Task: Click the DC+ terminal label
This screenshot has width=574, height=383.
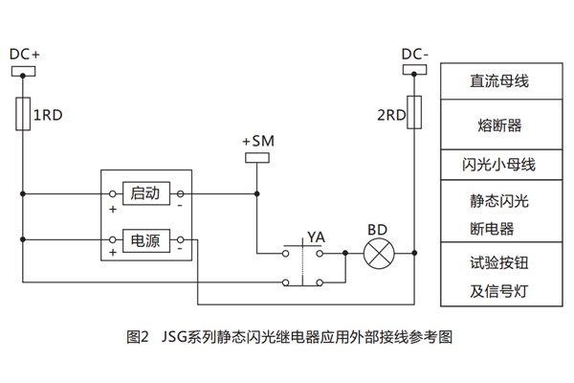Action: click(x=23, y=55)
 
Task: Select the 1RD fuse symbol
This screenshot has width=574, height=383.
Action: click(x=23, y=114)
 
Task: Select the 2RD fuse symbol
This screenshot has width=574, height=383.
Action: click(x=414, y=114)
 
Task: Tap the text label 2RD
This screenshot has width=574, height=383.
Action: click(x=390, y=116)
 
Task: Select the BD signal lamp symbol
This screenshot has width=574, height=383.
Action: click(x=377, y=254)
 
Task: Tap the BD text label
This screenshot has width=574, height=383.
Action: click(x=377, y=231)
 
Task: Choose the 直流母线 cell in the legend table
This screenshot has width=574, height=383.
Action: click(x=498, y=81)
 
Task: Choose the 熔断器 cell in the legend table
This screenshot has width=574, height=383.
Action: click(x=498, y=125)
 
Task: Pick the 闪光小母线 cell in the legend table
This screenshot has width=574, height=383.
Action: click(x=498, y=164)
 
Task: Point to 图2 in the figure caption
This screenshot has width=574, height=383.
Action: click(x=137, y=337)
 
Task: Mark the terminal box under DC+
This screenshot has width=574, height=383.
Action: click(x=23, y=70)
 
